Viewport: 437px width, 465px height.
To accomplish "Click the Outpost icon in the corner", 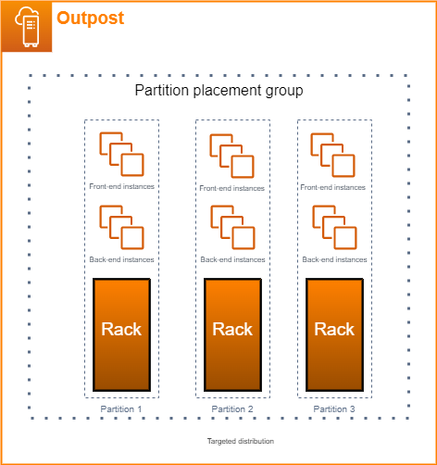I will (x=25, y=26).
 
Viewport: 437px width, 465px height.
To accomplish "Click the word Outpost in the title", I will (x=90, y=19).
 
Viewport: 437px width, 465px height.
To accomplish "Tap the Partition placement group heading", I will (x=218, y=91).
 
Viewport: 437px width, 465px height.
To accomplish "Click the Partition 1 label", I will (x=121, y=408).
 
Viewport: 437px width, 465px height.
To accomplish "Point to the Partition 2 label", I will (x=232, y=408).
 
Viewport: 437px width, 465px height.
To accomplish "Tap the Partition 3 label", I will (x=334, y=408).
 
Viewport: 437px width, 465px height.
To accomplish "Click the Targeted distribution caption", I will (x=240, y=442).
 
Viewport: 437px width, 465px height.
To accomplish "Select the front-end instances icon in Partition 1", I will (x=121, y=154).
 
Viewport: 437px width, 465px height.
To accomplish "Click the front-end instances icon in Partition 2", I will (x=232, y=156).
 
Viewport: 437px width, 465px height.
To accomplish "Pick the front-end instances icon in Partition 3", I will (x=334, y=154).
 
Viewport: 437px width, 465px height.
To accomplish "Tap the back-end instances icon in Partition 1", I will (x=121, y=227).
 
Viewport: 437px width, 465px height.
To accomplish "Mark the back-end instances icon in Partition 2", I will (x=232, y=227).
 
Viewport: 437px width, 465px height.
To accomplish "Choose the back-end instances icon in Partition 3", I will (x=334, y=227).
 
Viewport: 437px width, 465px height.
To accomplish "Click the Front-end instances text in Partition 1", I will (x=121, y=186).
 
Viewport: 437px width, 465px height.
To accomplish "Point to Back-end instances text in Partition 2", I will (x=232, y=260).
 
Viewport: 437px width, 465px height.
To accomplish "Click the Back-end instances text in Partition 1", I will (x=121, y=260).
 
